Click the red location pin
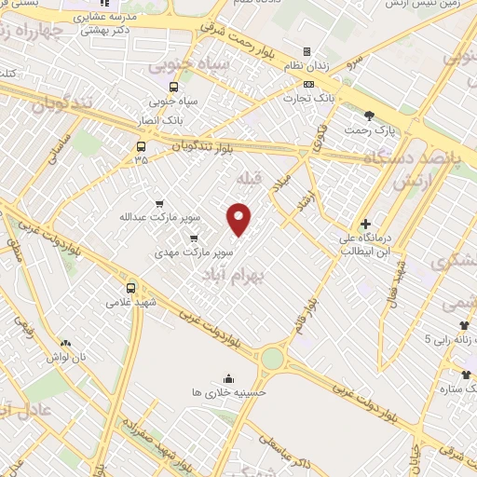[x=239, y=219]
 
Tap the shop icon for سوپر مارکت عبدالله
[x=160, y=203]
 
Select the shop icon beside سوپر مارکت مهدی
[x=195, y=238]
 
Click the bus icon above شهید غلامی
[x=130, y=288]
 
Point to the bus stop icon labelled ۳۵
[x=141, y=146]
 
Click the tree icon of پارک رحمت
[x=370, y=116]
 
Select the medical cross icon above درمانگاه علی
[x=365, y=224]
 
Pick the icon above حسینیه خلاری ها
[x=228, y=378]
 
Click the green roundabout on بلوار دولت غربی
[x=272, y=358]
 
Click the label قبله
[x=251, y=177]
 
